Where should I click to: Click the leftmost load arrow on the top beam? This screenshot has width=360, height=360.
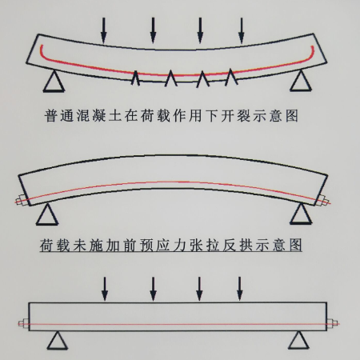(104, 30)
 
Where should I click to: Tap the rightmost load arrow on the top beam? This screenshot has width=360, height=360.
(242, 30)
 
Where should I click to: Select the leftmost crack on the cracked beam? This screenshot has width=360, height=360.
(135, 78)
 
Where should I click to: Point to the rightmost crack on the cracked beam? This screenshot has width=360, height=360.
(231, 77)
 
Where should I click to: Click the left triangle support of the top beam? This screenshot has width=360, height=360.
(54, 81)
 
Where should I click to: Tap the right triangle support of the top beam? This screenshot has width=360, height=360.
(301, 81)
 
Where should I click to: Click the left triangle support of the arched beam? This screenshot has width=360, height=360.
(47, 214)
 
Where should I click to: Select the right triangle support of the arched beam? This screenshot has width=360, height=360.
(301, 214)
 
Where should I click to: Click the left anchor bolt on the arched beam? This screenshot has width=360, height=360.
(20, 200)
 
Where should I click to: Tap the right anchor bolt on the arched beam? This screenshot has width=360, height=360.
(324, 201)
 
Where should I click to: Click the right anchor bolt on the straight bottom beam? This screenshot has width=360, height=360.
(333, 323)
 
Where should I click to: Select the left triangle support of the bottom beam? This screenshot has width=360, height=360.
(58, 340)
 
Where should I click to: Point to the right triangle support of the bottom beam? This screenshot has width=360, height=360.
(299, 340)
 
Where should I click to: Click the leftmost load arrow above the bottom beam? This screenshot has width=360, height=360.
(105, 289)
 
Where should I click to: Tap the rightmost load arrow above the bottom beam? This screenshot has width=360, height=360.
(240, 289)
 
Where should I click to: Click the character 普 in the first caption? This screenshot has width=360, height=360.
(50, 116)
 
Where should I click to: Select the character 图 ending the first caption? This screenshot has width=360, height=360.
(292, 116)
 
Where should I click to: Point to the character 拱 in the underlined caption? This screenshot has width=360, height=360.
(246, 246)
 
